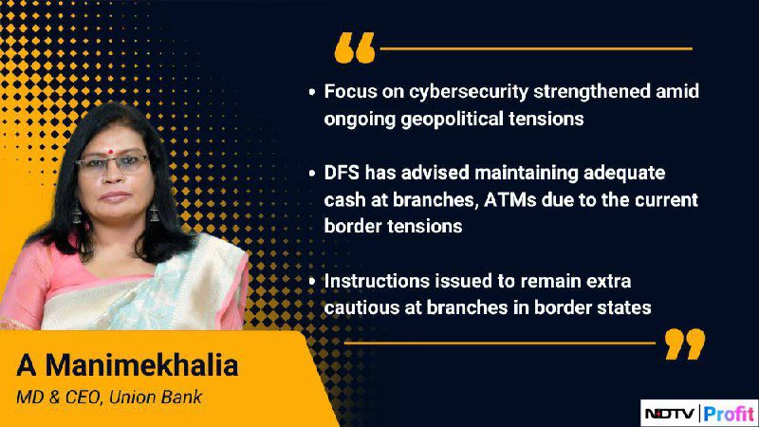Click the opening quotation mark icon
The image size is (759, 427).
click(355, 48)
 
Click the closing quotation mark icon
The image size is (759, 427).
click(685, 343)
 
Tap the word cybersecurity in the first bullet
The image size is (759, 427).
click(468, 92)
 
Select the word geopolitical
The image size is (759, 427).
click(453, 120)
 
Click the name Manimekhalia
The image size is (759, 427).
click(141, 365)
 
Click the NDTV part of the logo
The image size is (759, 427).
click(671, 414)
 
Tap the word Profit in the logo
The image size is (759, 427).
click(729, 414)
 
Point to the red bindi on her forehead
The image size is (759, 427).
click(110, 151)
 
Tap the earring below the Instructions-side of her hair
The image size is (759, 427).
click(155, 212)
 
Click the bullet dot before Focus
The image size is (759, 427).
click(312, 91)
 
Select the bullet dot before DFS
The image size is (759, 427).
click(312, 173)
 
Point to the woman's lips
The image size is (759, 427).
click(115, 197)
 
